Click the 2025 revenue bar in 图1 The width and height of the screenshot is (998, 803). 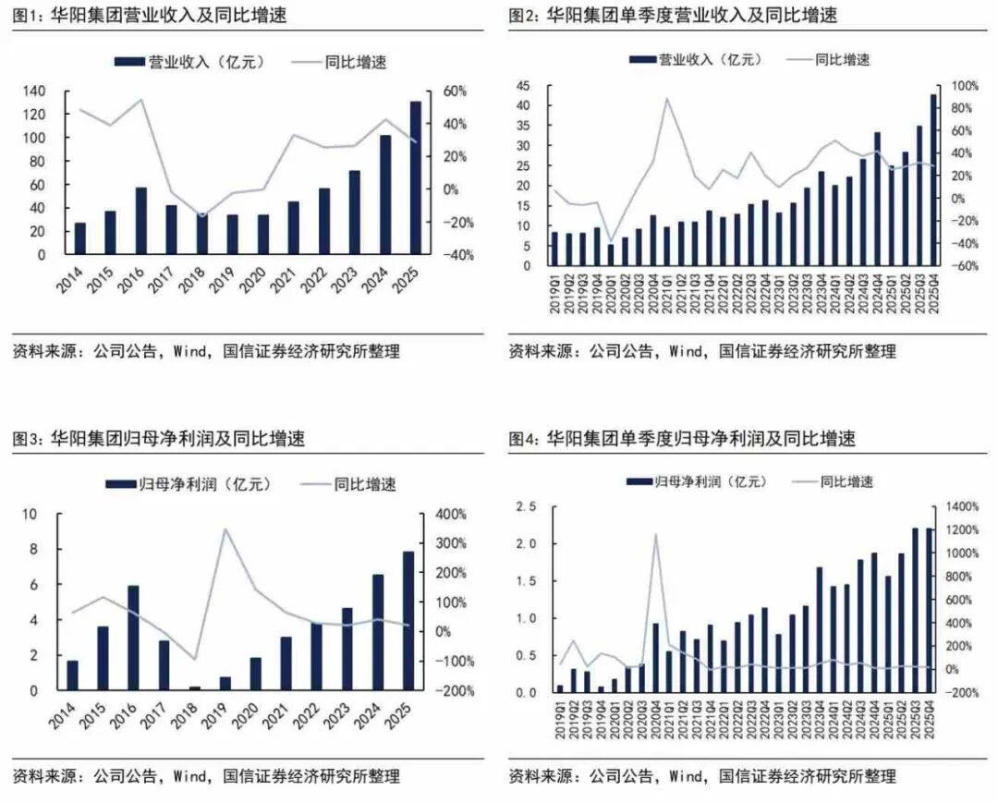pos(416,177)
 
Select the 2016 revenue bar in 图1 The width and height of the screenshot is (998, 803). pos(141,221)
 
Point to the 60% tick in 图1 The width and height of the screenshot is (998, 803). pos(456,91)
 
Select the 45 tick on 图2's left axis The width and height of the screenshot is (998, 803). pos(523,86)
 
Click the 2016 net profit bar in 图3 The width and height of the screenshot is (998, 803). pos(134,638)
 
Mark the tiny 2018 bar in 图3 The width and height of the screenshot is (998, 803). pos(194,687)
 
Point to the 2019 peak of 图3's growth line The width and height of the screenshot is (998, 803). pos(225,529)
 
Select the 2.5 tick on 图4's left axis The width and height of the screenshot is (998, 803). pos(526,506)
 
